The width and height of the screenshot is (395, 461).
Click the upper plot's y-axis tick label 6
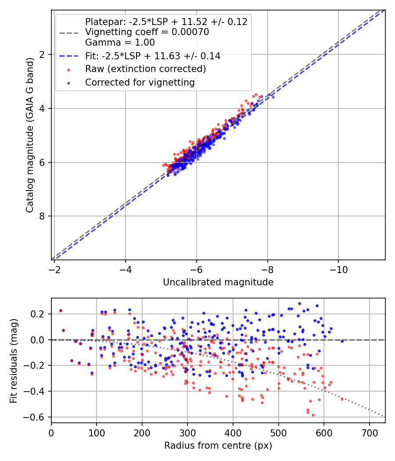[x=43, y=162]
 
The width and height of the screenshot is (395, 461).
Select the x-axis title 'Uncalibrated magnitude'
[x=218, y=282]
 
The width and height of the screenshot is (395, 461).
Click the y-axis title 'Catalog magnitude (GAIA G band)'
[x=29, y=134]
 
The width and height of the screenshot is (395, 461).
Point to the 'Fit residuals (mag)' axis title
[x=14, y=360]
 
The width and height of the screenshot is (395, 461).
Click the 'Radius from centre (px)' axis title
[x=218, y=446]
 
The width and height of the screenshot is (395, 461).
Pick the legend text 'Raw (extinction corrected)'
[x=146, y=69]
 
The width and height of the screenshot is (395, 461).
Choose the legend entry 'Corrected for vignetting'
[x=140, y=82]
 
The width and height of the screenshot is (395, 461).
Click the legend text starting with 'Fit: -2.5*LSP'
[x=153, y=56]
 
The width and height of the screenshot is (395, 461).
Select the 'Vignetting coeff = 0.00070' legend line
[x=147, y=32]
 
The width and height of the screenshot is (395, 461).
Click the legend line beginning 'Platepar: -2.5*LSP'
[x=166, y=22]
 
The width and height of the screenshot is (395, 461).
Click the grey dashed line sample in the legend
[x=69, y=32]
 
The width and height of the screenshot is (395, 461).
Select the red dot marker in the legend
[x=69, y=69]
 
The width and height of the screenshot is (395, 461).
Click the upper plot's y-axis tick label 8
[x=43, y=216]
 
